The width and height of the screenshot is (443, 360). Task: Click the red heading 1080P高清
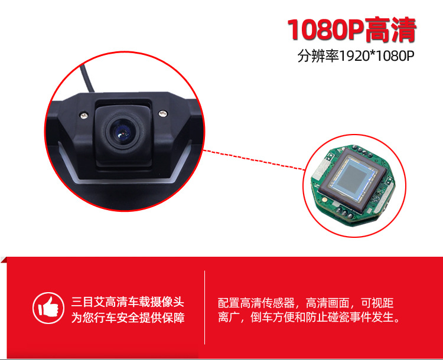click(x=351, y=30)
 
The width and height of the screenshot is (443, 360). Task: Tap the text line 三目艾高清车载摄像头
click(x=128, y=301)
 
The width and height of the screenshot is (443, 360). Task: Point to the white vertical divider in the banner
click(x=204, y=307)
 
